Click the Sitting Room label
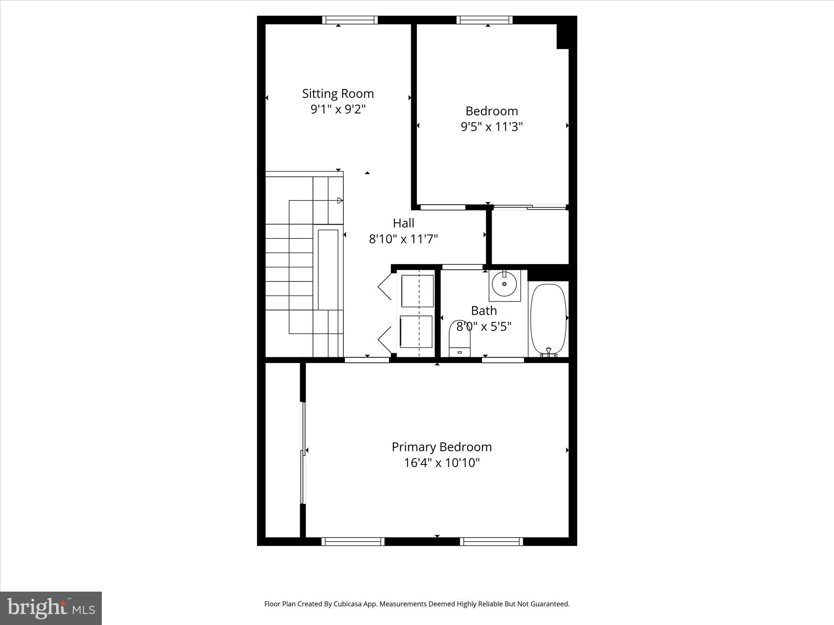(x=338, y=94)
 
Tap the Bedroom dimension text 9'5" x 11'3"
(x=492, y=127)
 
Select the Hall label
(x=403, y=223)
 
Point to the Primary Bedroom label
(x=441, y=447)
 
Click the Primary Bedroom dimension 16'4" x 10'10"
(x=441, y=463)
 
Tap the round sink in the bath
(x=504, y=284)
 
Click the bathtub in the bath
(x=548, y=320)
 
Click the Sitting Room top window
(x=350, y=20)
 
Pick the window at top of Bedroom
(x=484, y=20)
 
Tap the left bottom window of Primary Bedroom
(x=353, y=541)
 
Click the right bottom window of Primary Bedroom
(x=491, y=541)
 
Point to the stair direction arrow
(x=340, y=201)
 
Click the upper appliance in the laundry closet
(x=417, y=291)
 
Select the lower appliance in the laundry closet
(x=416, y=332)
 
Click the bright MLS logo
(x=51, y=608)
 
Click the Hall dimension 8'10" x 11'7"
(x=403, y=239)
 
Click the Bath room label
(x=484, y=311)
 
